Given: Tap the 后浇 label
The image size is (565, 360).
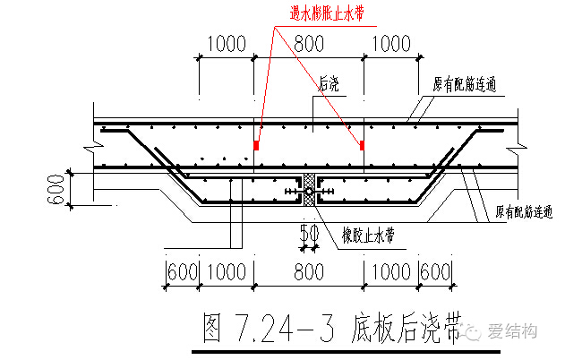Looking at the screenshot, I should click(330, 84).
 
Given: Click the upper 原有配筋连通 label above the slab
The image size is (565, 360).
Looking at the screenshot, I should click(465, 86).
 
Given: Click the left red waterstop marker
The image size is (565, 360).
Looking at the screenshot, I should click(256, 143).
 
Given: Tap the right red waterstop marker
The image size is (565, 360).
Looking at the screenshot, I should click(362, 143).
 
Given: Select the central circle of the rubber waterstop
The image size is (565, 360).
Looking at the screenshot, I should click(308, 192).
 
